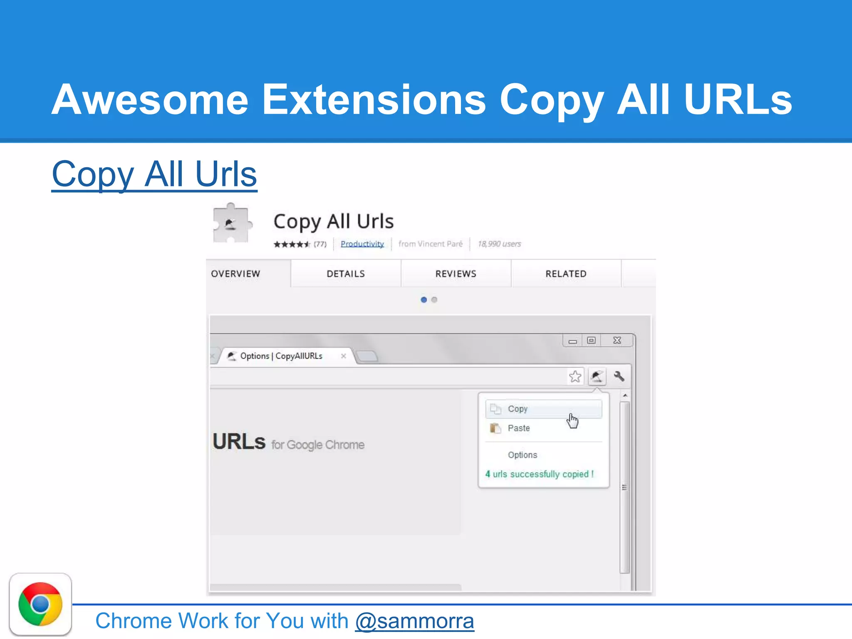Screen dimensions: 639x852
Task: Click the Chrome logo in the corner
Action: coord(40,604)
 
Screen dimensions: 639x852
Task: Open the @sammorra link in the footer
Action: coord(414,621)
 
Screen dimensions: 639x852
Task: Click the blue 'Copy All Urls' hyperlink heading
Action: coord(154,174)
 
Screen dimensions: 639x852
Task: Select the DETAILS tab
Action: coord(346,274)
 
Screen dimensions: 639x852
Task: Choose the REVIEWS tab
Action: coord(456,274)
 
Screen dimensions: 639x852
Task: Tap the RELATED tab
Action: coord(566,274)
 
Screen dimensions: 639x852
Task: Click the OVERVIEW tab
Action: coord(235,274)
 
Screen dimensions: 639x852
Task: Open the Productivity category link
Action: coord(362,244)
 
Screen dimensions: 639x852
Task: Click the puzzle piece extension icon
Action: coord(231,224)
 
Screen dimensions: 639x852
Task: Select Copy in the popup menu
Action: coord(518,409)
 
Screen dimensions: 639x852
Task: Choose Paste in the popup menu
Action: coord(519,428)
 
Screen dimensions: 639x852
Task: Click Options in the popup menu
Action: coord(523,455)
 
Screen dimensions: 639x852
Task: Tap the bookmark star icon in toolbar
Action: coord(575,377)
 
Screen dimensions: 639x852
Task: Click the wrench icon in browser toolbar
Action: coord(619,376)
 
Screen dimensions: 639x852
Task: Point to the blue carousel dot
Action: coord(424,300)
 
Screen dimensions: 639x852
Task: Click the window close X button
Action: coord(617,340)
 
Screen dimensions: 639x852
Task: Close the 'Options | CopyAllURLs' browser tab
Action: coord(343,356)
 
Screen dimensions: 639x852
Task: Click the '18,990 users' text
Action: coord(499,244)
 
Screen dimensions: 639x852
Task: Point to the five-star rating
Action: coord(292,244)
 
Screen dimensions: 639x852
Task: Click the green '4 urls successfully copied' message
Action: coord(540,474)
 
